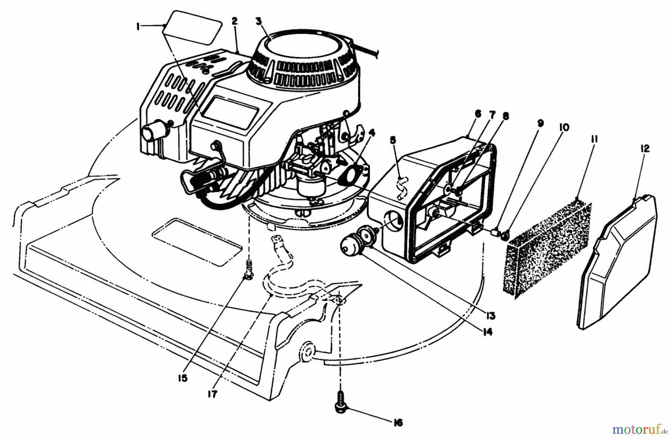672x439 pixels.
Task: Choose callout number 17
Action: [x=212, y=393]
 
